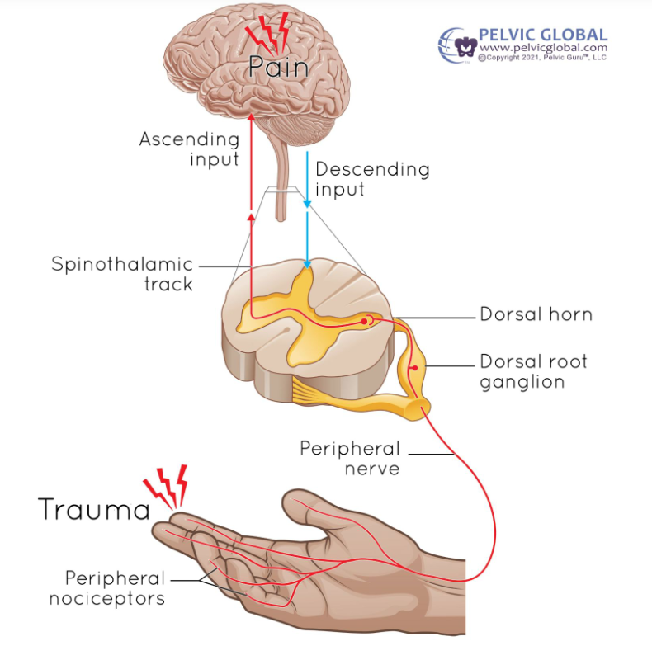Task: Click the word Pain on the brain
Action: click(278, 66)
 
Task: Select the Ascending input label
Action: click(190, 149)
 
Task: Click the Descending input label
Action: click(372, 179)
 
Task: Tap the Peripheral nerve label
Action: click(349, 459)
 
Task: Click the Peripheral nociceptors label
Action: click(106, 588)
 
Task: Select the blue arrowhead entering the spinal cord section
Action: click(308, 265)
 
